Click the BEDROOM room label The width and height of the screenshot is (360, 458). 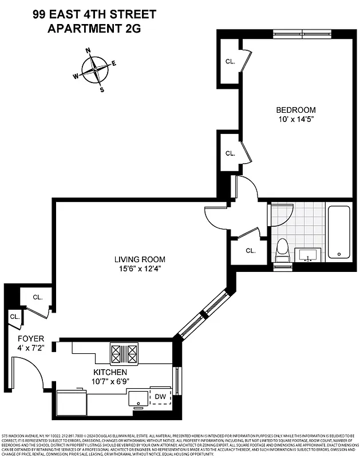(295, 110)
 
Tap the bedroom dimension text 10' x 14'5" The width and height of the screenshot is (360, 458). (295, 119)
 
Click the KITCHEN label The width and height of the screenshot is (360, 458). (110, 372)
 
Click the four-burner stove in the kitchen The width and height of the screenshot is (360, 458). (124, 353)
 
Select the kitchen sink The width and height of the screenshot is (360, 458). (137, 398)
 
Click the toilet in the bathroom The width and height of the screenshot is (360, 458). (282, 251)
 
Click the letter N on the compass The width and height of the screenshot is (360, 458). (88, 51)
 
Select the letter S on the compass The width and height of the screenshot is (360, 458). (102, 89)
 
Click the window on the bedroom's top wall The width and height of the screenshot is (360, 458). (302, 33)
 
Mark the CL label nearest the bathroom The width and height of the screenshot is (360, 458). (250, 251)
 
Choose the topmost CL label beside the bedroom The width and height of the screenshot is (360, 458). (230, 61)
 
